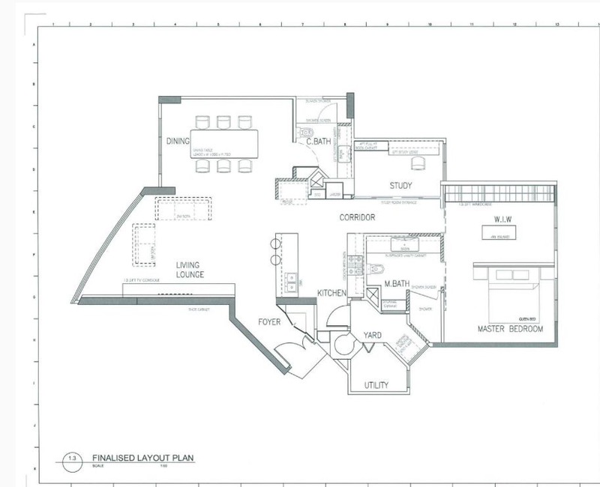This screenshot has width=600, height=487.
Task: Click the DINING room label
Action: tap(177, 140)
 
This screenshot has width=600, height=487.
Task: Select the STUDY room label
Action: tap(401, 186)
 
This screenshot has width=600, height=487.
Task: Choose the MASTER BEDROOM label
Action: tap(510, 329)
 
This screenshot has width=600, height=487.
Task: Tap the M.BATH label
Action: tap(395, 284)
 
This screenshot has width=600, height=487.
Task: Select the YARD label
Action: tap(374, 336)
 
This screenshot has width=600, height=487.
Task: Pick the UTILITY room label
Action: tap(376, 385)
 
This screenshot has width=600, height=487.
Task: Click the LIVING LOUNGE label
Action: tap(190, 270)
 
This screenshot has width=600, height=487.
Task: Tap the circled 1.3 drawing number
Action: tap(71, 458)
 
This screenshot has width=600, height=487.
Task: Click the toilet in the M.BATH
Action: tap(376, 268)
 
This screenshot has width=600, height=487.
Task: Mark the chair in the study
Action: tap(416, 163)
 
